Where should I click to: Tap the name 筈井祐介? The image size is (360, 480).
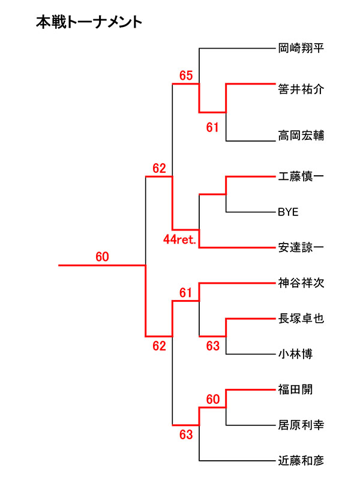[301, 90]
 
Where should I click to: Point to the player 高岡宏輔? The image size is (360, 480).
[301, 136]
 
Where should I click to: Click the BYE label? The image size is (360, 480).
[288, 212]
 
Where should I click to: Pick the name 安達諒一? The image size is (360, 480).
[301, 247]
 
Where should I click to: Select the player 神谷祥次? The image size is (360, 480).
[301, 282]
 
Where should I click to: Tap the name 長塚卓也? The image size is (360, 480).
[301, 319]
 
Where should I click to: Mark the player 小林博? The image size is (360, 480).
[296, 354]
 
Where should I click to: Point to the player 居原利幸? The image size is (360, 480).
[301, 425]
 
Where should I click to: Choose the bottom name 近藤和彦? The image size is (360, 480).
[301, 461]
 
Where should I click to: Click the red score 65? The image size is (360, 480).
[186, 76]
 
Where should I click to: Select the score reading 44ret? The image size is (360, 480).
[181, 239]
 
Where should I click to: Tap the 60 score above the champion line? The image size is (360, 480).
[102, 257]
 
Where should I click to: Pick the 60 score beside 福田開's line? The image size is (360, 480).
[213, 399]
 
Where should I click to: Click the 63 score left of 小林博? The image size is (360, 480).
[213, 346]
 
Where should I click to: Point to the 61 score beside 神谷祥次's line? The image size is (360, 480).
[186, 293]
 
